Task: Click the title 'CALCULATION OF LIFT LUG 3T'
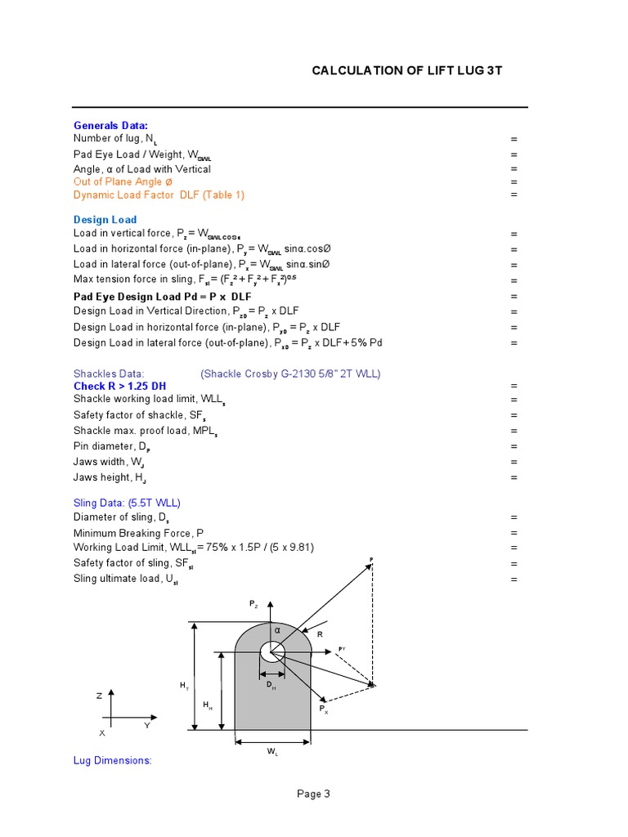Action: [x=406, y=70]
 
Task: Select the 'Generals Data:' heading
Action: [x=110, y=126]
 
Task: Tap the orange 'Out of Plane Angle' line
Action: [x=123, y=181]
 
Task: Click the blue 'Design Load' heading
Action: [x=105, y=220]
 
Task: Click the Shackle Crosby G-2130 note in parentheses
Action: [x=290, y=374]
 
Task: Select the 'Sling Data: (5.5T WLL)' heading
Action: [x=127, y=503]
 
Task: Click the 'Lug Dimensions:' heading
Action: [x=112, y=760]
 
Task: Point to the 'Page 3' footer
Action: [x=313, y=794]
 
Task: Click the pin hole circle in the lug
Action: [x=271, y=652]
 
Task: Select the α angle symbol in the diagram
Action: [x=277, y=630]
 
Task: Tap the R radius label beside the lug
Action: [x=320, y=634]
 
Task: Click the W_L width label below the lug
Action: [x=272, y=752]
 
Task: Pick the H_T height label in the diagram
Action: [x=184, y=686]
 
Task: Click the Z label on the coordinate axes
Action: [x=99, y=696]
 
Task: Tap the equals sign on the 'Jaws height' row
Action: [x=514, y=477]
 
